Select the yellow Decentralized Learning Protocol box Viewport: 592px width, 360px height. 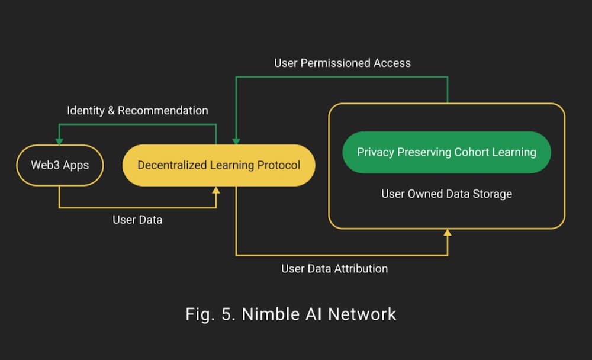click(218, 165)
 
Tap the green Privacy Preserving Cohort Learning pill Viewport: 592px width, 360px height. click(446, 152)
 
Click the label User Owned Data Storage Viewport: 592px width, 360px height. click(446, 194)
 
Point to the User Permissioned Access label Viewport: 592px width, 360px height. click(342, 63)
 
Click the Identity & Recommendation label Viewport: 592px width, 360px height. click(137, 111)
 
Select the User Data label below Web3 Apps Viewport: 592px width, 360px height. click(137, 220)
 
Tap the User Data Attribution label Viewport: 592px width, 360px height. click(334, 268)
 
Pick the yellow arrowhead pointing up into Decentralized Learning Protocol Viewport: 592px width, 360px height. click(216, 189)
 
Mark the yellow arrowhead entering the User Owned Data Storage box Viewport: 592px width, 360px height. click(448, 232)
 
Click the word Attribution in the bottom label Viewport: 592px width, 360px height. click(361, 268)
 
